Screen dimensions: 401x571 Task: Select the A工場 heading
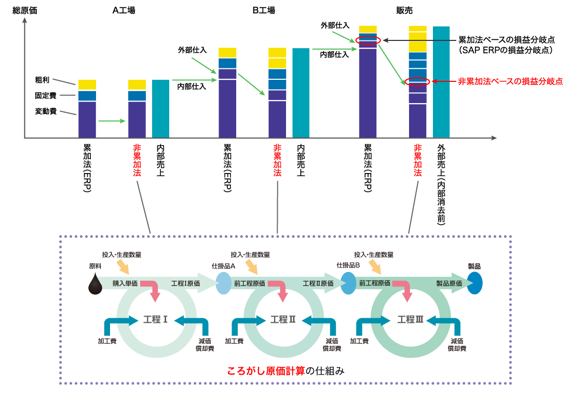(x=124, y=10)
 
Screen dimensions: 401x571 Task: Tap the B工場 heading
(x=264, y=10)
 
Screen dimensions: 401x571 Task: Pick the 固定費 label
(x=46, y=95)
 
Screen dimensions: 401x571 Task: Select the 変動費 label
(x=46, y=111)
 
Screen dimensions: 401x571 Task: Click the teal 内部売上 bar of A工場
(x=160, y=108)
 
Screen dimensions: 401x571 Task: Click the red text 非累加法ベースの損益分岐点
(x=510, y=81)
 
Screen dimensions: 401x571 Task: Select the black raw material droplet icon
(x=96, y=284)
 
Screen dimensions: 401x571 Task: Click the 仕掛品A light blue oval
(x=223, y=284)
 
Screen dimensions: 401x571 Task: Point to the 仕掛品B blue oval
(x=348, y=284)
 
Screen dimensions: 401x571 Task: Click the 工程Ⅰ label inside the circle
(x=155, y=319)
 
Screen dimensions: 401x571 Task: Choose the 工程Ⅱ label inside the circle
(x=283, y=319)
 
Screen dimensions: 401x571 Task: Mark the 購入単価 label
(x=125, y=283)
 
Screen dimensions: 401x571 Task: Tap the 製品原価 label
(x=449, y=283)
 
